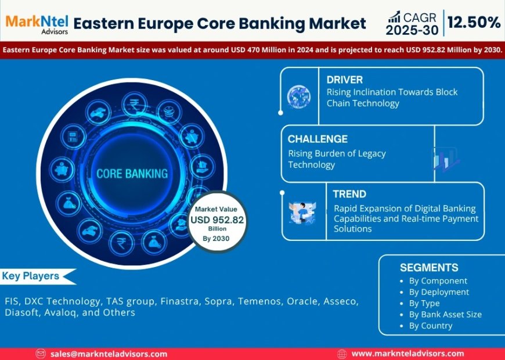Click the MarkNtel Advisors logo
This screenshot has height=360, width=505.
click(x=37, y=23)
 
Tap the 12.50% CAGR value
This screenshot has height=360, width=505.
click(x=474, y=23)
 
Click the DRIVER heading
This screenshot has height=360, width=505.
click(x=345, y=79)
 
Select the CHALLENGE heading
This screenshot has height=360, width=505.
click(x=318, y=139)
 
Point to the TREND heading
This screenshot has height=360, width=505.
click(x=349, y=194)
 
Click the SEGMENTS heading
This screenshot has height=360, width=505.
click(x=429, y=268)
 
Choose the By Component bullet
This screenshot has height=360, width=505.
click(x=438, y=281)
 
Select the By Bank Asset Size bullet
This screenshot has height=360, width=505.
click(x=445, y=314)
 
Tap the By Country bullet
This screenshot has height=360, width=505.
click(x=430, y=325)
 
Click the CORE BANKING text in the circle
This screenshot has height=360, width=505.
click(x=132, y=173)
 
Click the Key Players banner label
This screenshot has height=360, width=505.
click(x=31, y=276)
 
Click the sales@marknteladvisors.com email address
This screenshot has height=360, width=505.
click(x=109, y=354)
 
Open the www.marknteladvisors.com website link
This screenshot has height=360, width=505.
click(x=407, y=354)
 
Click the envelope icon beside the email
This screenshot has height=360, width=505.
click(x=41, y=354)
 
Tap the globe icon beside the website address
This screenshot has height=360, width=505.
click(x=342, y=354)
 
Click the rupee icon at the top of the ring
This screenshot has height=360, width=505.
click(x=134, y=106)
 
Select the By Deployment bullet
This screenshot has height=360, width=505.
click(x=439, y=292)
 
